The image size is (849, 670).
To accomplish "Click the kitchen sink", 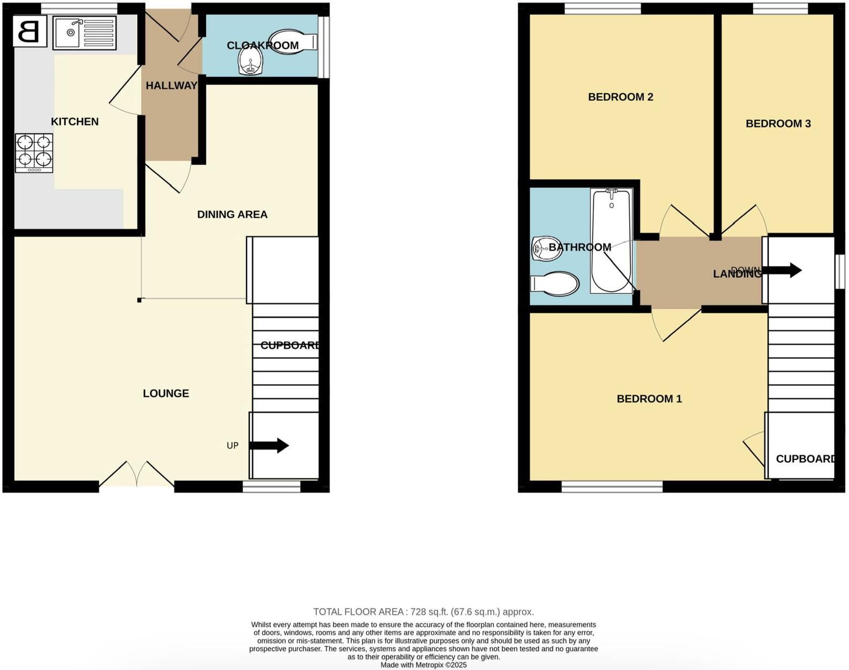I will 84,33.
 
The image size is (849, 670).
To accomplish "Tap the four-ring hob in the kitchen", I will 34,152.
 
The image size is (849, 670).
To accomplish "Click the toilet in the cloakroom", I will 293,41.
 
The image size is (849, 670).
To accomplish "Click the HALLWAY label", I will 171,86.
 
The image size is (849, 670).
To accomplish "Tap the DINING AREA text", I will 232,215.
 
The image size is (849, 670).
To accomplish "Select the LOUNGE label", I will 166,393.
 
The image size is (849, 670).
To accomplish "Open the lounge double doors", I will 137,474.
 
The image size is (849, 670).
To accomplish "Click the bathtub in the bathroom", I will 611,241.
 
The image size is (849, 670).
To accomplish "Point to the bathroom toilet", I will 555,284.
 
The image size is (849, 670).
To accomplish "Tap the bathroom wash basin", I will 546,248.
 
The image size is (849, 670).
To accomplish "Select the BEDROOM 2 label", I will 621,97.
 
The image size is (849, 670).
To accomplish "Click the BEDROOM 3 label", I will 778,124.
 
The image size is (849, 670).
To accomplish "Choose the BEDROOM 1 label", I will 649,399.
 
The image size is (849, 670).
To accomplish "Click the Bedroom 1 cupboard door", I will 755,448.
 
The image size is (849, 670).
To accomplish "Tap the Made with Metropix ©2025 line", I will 423,665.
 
